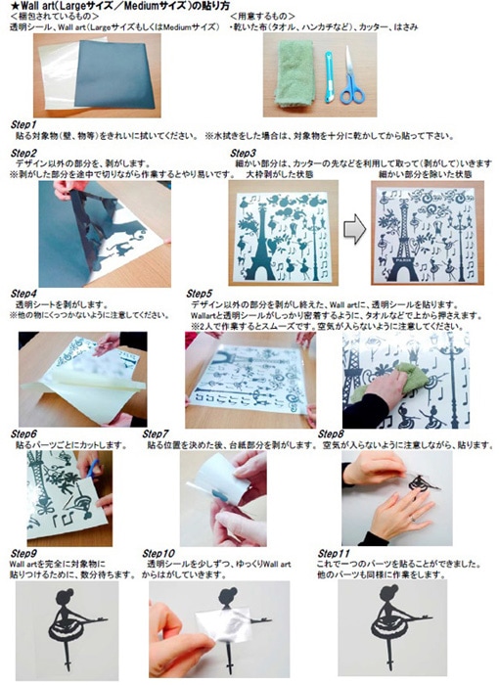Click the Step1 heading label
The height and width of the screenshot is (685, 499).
pos(23,125)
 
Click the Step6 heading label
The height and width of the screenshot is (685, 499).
pos(23,433)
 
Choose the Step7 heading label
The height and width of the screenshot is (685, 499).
pos(160,433)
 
